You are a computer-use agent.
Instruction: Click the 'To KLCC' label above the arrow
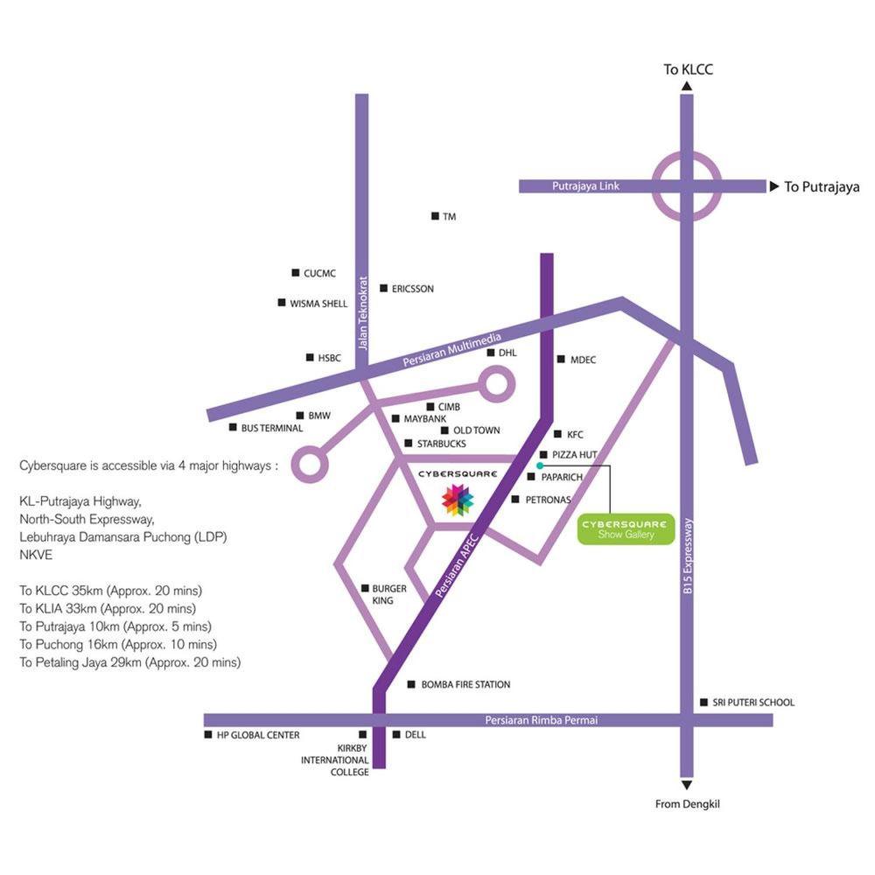689,68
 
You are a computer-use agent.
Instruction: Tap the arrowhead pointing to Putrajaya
773,186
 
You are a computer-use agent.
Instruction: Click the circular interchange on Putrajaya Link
687,186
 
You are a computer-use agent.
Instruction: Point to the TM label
450,216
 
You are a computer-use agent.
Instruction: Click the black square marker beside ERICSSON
383,288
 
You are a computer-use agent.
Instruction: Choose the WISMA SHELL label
318,304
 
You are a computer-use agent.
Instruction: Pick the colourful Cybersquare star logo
458,500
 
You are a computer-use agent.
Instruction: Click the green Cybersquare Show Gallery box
626,529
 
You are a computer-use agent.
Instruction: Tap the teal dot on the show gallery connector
540,465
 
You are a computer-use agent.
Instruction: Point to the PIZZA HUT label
575,455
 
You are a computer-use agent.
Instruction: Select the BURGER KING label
389,595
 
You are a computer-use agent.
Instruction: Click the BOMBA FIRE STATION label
465,685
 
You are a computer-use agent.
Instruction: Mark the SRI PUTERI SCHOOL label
753,703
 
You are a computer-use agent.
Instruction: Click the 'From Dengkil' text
687,804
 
